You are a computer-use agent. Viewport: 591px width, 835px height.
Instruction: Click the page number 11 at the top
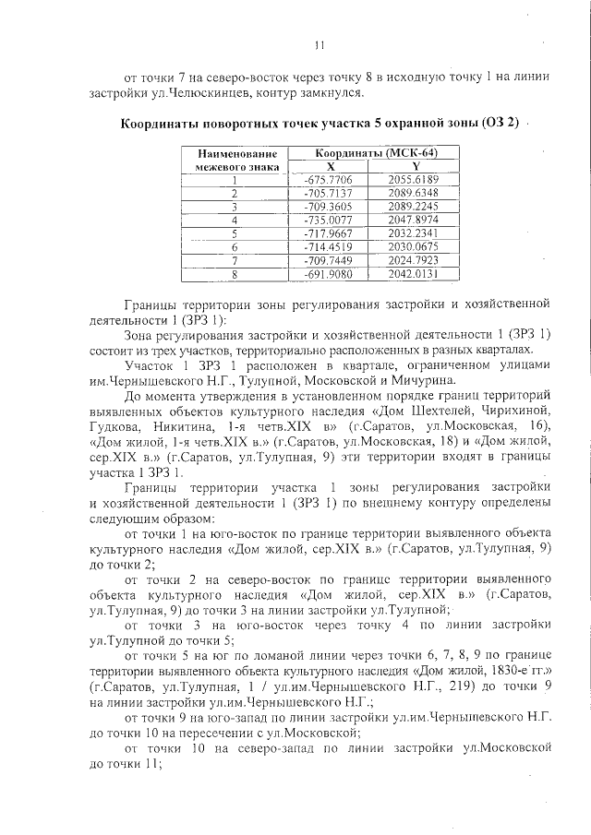pyautogui.click(x=319, y=43)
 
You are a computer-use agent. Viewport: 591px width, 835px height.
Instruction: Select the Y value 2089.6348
pyautogui.click(x=413, y=193)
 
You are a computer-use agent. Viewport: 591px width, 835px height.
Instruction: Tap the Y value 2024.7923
pyautogui.click(x=413, y=260)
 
